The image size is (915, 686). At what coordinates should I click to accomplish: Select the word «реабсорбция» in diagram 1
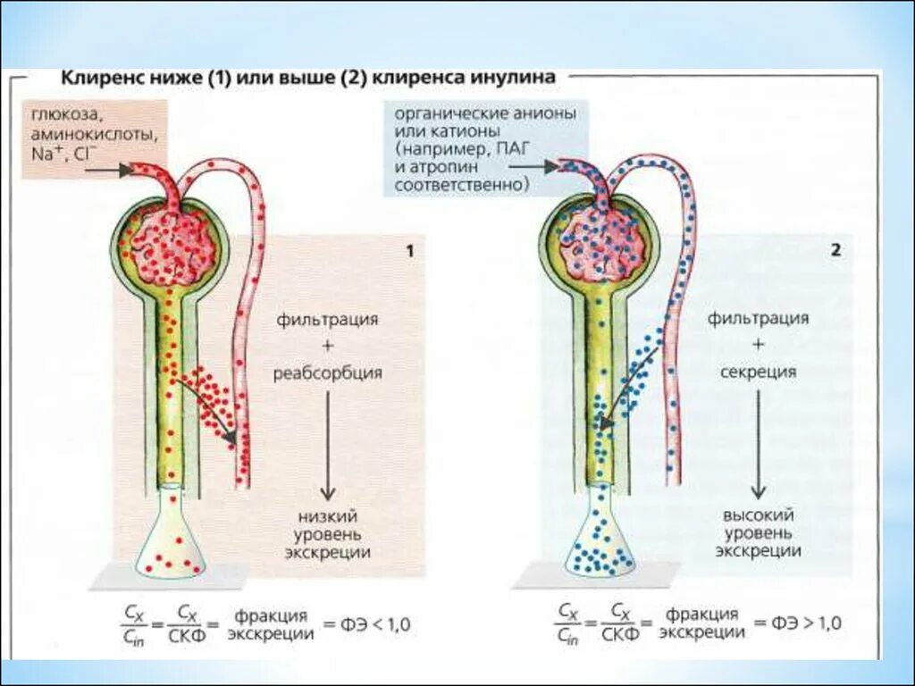pyautogui.click(x=328, y=373)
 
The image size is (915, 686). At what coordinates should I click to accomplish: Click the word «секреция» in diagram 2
pyautogui.click(x=758, y=372)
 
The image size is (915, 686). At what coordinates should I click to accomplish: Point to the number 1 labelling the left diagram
pyautogui.click(x=410, y=251)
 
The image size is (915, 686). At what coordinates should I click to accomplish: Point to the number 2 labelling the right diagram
pyautogui.click(x=835, y=251)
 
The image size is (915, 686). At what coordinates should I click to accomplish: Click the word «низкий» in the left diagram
pyautogui.click(x=328, y=516)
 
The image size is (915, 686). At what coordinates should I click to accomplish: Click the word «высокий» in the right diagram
pyautogui.click(x=759, y=515)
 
